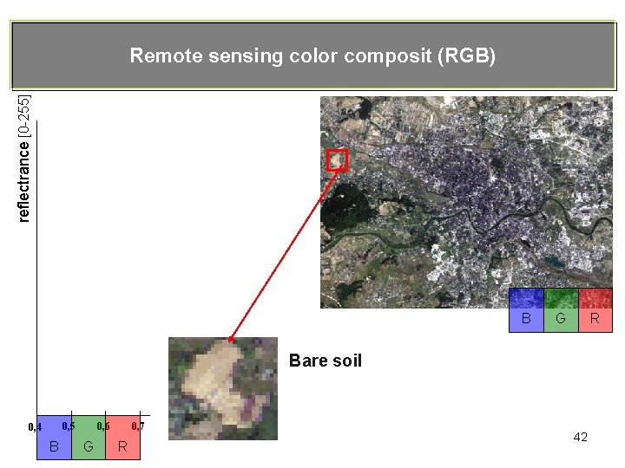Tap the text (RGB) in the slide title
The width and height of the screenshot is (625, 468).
point(466,56)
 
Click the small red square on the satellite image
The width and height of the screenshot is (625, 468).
point(337,160)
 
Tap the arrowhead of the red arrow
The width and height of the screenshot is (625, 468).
point(231,338)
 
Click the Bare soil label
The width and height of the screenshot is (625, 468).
point(325,361)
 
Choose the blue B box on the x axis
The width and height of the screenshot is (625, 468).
point(54,437)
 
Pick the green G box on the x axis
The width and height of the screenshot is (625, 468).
point(89,437)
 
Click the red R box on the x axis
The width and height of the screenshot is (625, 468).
point(123,437)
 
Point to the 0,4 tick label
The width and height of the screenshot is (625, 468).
point(35,426)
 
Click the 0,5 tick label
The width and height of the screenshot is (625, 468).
point(68,426)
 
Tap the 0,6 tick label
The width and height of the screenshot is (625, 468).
point(102,426)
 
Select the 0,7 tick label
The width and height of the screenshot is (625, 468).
point(137,426)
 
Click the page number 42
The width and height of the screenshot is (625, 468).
point(581,437)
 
